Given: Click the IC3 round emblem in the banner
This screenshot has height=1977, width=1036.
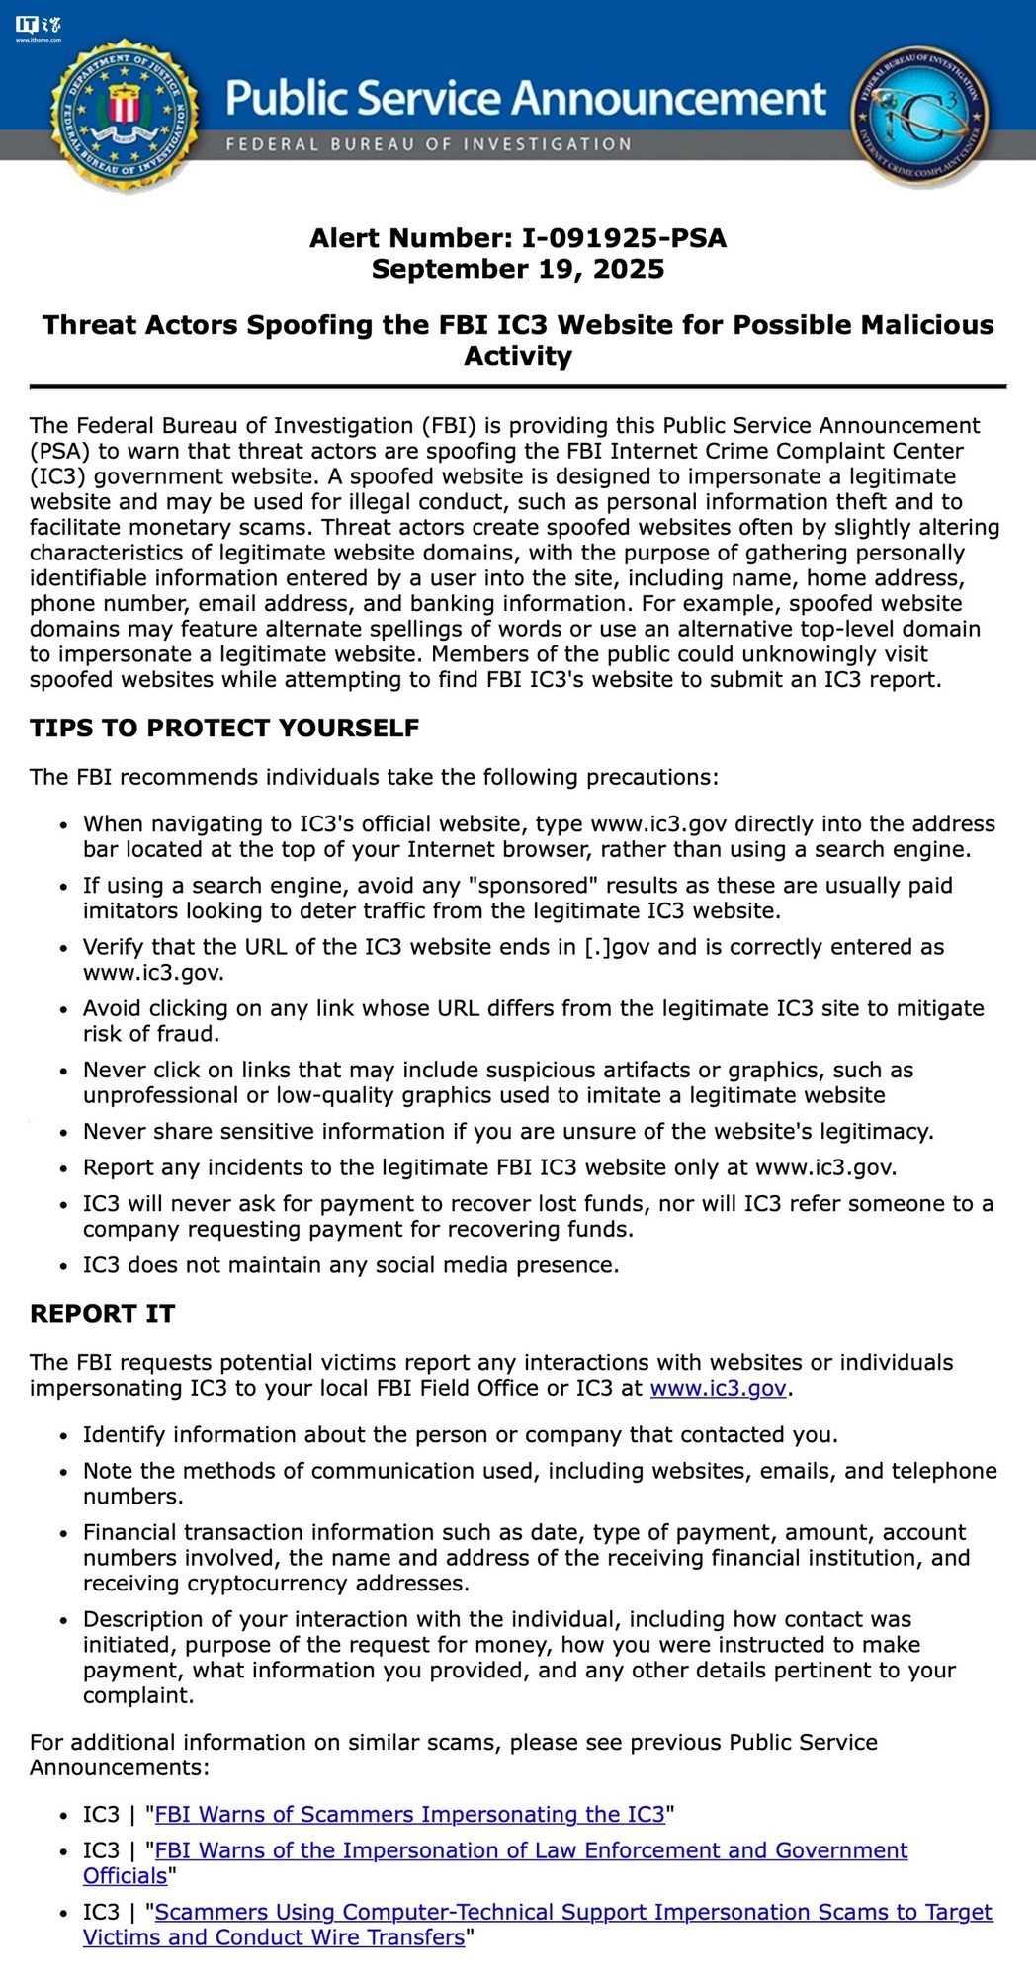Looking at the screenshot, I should [919, 115].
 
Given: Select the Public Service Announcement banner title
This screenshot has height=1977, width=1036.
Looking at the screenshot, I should [525, 99].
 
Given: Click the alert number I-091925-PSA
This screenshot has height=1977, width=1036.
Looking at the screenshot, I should [624, 238].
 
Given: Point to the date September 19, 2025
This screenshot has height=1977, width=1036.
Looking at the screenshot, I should [518, 270].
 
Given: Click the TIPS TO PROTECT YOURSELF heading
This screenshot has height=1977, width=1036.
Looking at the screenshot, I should [224, 729].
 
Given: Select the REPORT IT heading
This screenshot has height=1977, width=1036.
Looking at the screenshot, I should [102, 1314].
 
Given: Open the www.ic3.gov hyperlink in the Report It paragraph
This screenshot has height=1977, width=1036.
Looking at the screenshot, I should [718, 1389].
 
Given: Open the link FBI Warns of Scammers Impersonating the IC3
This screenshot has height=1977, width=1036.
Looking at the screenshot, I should [410, 1815].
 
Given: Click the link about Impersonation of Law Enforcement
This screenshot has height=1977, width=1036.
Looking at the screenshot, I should [531, 1850].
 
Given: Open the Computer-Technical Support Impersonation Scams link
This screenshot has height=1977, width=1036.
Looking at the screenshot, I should [573, 1912].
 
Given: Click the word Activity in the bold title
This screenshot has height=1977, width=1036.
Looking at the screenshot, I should [518, 357].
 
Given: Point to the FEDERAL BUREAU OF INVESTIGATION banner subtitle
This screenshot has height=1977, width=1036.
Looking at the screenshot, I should [428, 144].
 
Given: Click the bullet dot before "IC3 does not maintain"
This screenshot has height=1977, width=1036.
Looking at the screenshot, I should [64, 1266].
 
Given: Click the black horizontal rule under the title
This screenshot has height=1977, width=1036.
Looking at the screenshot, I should [518, 386].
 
